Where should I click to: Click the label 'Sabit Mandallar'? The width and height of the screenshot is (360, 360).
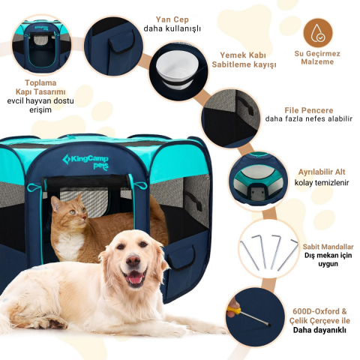328,246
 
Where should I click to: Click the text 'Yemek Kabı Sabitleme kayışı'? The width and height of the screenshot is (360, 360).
247,60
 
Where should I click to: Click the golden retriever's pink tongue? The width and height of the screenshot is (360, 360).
135,278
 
